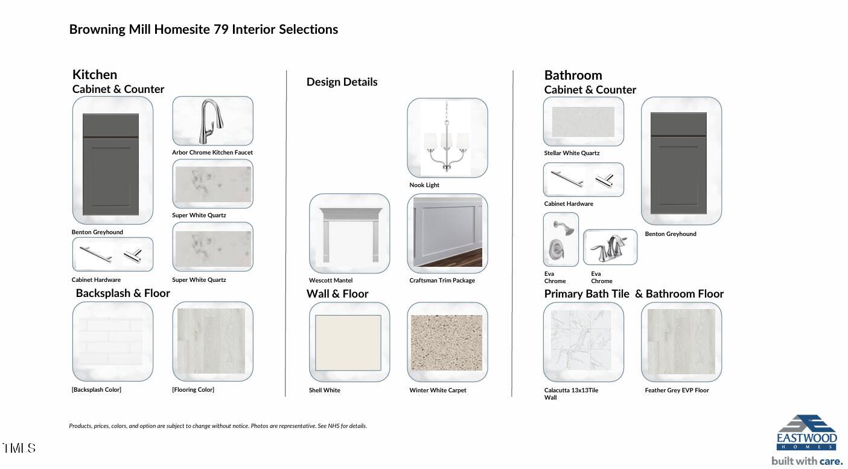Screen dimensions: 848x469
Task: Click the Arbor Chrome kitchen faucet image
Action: pyautogui.click(x=212, y=121)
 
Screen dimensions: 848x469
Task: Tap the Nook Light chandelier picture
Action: pyautogui.click(x=447, y=138)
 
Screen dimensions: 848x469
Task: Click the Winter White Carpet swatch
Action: pyautogui.click(x=447, y=342)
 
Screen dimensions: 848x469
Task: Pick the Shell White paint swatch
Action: pyautogui.click(x=348, y=343)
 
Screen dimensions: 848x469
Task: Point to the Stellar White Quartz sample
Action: pyautogui.click(x=583, y=122)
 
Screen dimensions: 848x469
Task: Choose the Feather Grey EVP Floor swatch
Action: pyautogui.click(x=681, y=342)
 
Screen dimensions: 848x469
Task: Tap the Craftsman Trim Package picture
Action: pyautogui.click(x=448, y=232)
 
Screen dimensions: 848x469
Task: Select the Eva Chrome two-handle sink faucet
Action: pyautogui.click(x=609, y=248)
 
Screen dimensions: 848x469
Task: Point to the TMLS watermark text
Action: pyautogui.click(x=19, y=448)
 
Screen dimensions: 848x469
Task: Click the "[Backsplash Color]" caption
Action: pyautogui.click(x=97, y=389)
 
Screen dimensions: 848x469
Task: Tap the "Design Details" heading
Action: pyautogui.click(x=342, y=81)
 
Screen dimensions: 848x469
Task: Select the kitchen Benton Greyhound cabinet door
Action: pyautogui.click(x=110, y=164)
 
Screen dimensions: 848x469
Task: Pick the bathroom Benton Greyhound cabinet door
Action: pyautogui.click(x=678, y=163)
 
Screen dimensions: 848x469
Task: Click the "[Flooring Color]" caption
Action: pyautogui.click(x=193, y=389)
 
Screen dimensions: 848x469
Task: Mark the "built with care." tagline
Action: pyautogui.click(x=807, y=461)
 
